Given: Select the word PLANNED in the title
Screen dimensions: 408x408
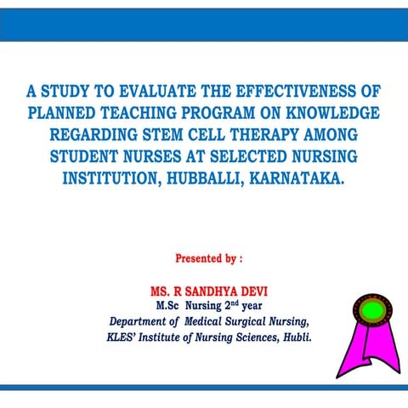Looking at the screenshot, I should tap(65, 114).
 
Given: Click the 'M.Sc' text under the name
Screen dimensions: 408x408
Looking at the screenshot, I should tap(169, 306).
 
